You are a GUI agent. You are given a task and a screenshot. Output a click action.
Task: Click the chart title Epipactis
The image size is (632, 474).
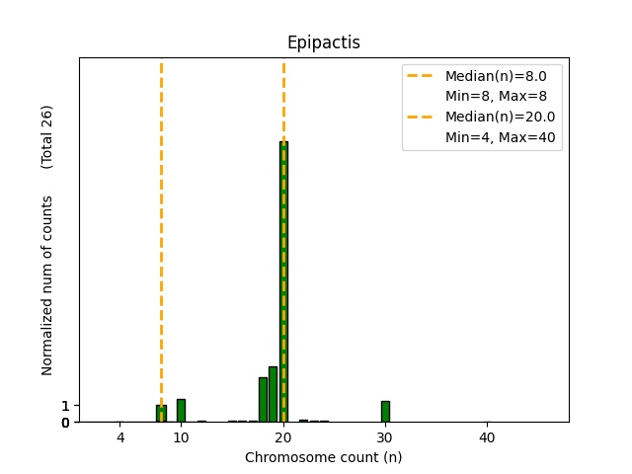coord(323,42)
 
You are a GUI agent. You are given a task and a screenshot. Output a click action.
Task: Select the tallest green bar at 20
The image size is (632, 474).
coord(283,281)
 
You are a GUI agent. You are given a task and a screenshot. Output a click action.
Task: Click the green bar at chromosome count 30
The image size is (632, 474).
coord(385,411)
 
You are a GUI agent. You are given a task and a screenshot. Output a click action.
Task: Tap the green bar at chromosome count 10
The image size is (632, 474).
coord(181,410)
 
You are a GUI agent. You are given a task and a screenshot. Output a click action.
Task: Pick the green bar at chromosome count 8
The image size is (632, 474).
coord(161,413)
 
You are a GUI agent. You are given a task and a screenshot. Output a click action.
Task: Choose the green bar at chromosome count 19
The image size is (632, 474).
coord(273,394)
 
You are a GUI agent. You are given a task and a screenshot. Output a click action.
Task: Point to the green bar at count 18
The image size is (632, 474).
coord(263,399)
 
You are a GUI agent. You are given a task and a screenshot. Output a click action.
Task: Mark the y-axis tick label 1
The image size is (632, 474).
coord(65,406)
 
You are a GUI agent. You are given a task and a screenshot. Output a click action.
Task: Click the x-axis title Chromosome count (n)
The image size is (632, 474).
coord(323,457)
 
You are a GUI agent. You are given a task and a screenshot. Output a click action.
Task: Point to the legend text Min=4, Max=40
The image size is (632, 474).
coord(503,138)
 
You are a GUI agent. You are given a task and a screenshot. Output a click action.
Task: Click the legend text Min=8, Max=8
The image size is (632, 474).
coord(496,96)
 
